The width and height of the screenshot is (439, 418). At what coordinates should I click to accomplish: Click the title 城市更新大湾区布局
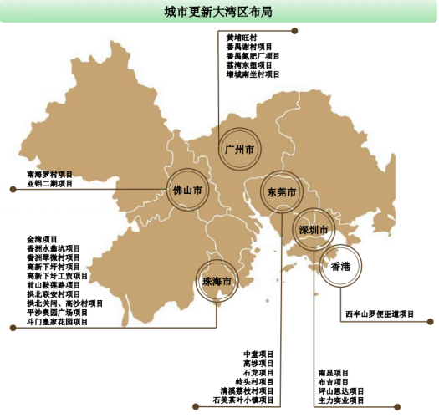219,12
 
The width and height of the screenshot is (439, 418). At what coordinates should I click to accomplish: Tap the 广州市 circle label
239,150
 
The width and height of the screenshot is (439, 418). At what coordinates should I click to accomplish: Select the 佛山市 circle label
187,191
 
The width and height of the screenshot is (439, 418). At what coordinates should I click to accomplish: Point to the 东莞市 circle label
282,192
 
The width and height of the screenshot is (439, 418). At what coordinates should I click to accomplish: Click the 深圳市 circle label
314,229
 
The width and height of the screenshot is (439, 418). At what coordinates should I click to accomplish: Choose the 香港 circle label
339,267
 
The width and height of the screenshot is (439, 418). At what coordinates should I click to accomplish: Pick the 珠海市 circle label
216,282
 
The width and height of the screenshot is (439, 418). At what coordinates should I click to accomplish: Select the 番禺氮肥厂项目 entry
253,56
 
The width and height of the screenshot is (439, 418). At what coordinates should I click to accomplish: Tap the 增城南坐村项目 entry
253,74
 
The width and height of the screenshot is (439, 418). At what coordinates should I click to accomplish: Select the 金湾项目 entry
42,239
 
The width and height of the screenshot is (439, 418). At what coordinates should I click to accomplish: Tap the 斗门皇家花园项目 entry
57,322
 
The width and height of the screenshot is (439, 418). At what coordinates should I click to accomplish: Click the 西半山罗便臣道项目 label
380,315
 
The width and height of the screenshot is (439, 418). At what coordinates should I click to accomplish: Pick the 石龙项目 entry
258,372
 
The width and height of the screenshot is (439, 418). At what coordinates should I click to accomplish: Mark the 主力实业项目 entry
341,400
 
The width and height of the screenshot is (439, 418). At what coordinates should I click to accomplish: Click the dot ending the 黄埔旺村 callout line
294,31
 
